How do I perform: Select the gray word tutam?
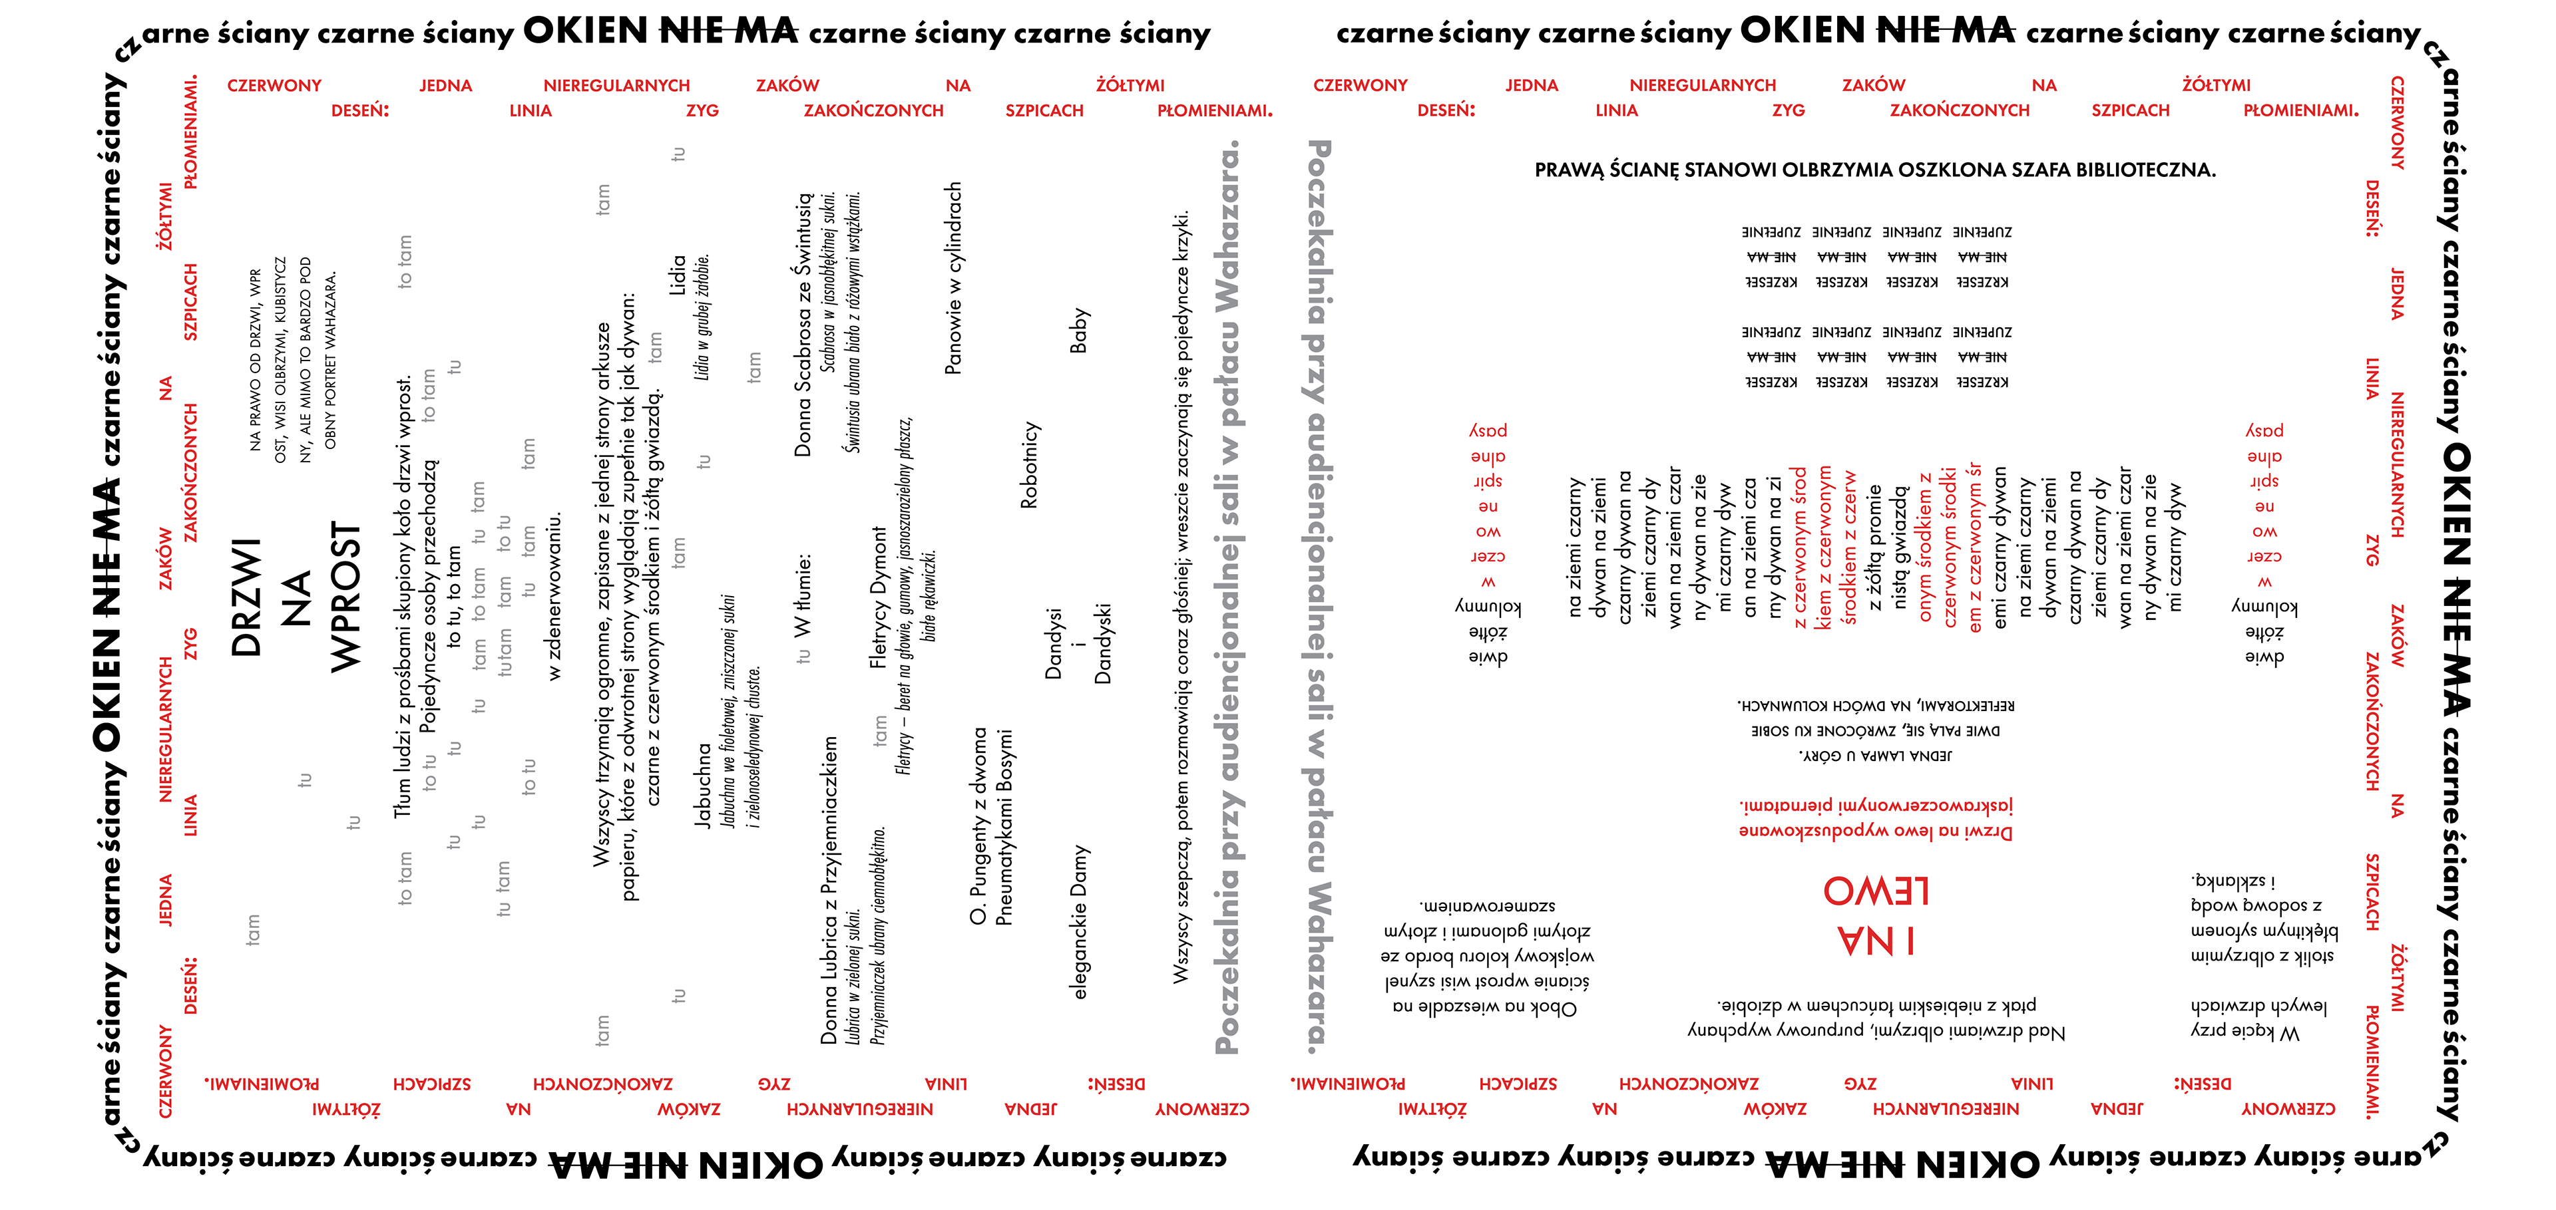click(x=505, y=652)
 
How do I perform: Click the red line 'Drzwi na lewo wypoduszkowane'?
click(x=1875, y=831)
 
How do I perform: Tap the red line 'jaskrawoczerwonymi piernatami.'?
click(x=1875, y=806)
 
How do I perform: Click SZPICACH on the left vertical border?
click(x=190, y=301)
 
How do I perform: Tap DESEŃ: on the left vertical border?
click(x=190, y=985)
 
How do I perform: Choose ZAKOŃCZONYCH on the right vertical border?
click(x=2372, y=721)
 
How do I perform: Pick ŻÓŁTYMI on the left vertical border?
click(x=164, y=216)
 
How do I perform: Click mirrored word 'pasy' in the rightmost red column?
click(x=2264, y=430)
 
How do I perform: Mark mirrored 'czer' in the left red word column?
click(x=1488, y=556)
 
